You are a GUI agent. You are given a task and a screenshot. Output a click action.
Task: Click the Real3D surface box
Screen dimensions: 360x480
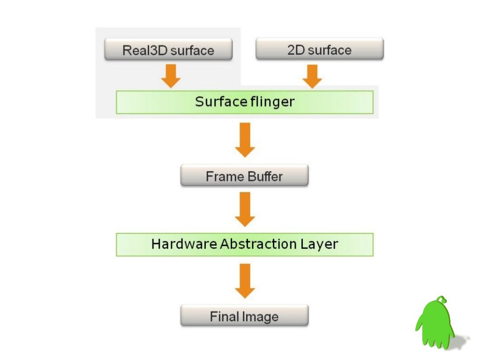tap(168, 50)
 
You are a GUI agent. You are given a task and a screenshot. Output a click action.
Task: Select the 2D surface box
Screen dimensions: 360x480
tap(319, 49)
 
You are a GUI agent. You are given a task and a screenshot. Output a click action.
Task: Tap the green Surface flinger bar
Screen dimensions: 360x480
tap(244, 102)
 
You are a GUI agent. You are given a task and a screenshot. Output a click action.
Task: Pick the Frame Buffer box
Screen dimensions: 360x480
tap(244, 176)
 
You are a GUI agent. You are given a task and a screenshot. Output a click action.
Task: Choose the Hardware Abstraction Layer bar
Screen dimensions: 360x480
tap(244, 244)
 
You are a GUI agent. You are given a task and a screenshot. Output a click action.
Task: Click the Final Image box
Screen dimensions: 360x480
tap(244, 316)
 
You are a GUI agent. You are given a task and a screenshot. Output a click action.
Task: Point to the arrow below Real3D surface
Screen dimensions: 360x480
tap(171, 75)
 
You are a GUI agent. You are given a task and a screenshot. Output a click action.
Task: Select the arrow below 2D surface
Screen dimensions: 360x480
tap(312, 75)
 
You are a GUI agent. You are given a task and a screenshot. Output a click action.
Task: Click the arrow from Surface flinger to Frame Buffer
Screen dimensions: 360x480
tap(245, 140)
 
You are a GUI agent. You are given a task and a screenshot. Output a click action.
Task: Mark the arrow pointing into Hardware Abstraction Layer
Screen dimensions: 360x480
tap(245, 209)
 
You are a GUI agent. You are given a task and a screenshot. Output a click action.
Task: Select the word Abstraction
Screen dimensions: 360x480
tap(257, 244)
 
